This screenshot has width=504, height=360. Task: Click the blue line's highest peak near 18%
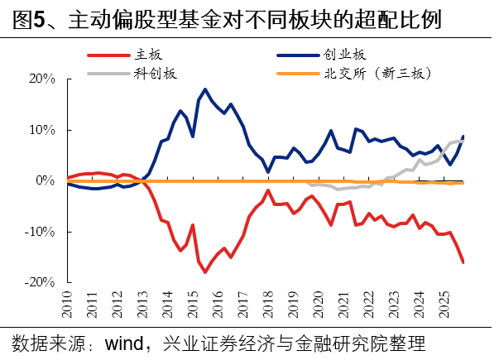[204, 89]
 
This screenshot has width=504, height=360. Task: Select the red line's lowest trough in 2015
[204, 272]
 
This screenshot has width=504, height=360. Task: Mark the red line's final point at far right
[463, 262]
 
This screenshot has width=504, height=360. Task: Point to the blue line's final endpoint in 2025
[463, 136]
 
